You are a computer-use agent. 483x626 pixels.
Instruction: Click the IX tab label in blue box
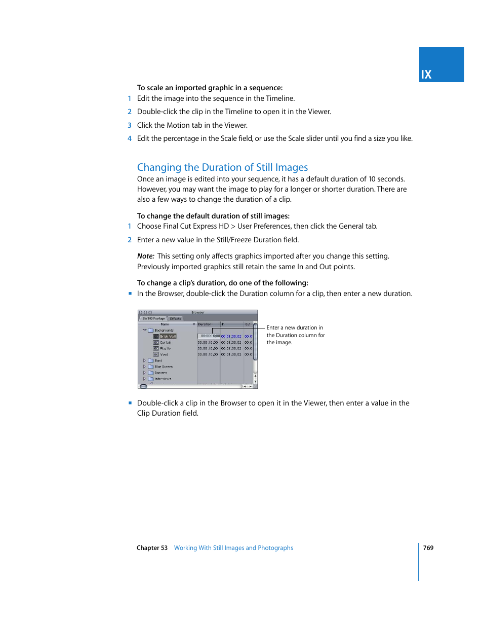click(x=426, y=75)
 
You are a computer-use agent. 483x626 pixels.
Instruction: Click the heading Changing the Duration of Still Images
click(x=222, y=167)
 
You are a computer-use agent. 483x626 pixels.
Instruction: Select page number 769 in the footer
click(x=428, y=548)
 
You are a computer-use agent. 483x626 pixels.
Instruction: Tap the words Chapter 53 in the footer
click(x=152, y=548)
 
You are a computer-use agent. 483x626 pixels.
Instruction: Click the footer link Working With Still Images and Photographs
click(x=233, y=548)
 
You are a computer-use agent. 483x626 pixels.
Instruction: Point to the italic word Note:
click(x=145, y=256)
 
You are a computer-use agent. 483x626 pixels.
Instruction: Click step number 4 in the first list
click(x=130, y=138)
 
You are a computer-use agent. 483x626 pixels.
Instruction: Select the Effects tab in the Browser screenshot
click(x=176, y=319)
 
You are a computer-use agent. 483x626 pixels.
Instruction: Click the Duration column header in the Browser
click(x=205, y=324)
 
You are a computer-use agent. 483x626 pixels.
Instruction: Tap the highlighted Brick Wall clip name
click(x=168, y=336)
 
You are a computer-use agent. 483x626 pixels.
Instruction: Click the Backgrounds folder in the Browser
click(x=164, y=330)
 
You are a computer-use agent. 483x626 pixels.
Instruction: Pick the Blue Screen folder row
click(x=163, y=366)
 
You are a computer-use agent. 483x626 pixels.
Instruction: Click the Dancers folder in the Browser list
click(x=160, y=373)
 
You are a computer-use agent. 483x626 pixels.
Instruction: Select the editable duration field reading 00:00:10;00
click(x=209, y=336)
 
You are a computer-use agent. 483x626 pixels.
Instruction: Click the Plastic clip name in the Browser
click(x=165, y=348)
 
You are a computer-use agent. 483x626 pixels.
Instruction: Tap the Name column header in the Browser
click(x=165, y=324)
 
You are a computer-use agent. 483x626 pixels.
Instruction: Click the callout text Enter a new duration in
click(x=295, y=327)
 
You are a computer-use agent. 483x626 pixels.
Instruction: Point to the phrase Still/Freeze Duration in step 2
click(x=248, y=240)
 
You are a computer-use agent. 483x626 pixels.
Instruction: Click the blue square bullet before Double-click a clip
click(x=130, y=403)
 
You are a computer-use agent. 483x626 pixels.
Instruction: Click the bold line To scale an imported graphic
click(x=210, y=88)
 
